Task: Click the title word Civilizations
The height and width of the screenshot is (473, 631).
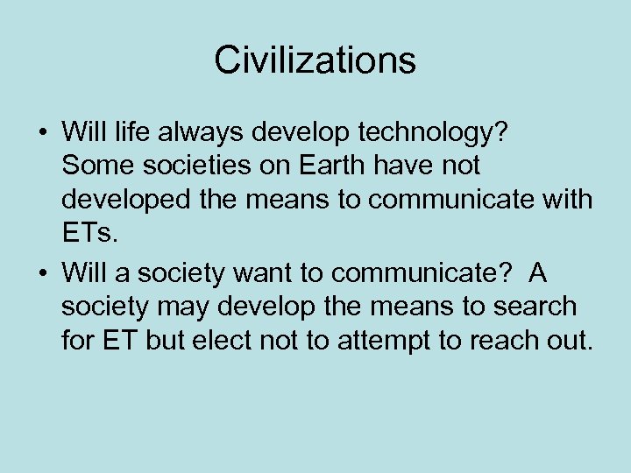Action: pos(315,60)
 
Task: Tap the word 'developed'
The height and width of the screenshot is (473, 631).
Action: pos(122,200)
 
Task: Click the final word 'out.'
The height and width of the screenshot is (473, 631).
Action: pos(573,341)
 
